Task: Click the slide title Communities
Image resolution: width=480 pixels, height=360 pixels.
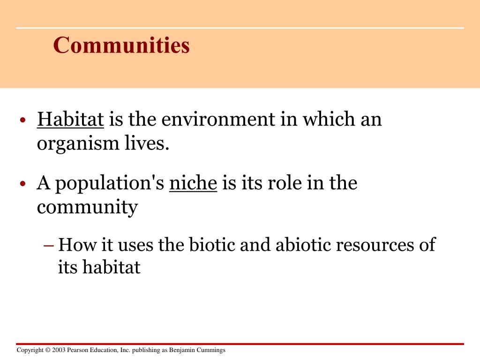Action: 121,45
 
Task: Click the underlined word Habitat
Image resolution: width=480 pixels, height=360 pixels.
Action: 70,120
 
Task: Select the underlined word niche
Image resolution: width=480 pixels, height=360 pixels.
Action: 193,183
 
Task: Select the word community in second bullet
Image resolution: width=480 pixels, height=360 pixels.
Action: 87,208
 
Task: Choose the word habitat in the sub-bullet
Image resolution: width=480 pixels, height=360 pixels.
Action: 112,268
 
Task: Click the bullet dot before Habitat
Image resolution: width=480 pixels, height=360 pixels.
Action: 22,121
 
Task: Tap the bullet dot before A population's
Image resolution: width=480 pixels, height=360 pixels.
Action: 22,184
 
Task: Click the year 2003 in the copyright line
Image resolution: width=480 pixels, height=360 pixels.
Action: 59,350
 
